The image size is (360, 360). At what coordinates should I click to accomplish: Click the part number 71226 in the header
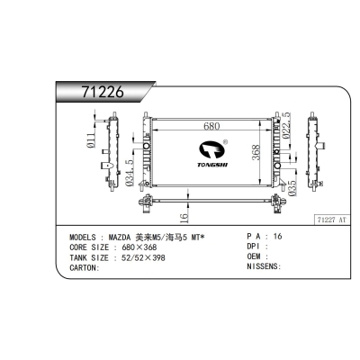98,92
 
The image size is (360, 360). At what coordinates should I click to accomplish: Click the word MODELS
85,237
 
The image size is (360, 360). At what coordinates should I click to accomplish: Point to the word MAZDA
124,237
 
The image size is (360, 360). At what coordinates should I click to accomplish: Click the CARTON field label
85,267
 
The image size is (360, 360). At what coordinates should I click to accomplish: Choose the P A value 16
276,236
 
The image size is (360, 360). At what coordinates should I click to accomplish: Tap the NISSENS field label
262,267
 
